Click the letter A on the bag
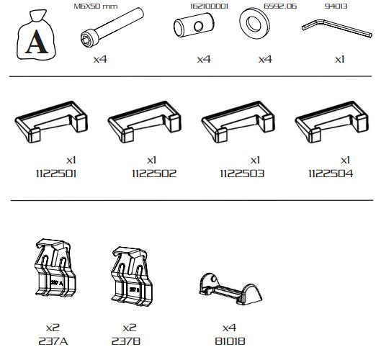coord(37,42)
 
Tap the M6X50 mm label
coord(96,6)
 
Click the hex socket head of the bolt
coord(87,39)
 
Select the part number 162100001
coord(209,6)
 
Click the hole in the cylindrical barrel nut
coord(199,26)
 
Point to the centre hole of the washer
coord(254,24)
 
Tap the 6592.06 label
coord(280,6)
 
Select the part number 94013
coord(336,6)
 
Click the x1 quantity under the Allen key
coord(339,59)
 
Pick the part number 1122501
coord(56,174)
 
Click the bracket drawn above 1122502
coord(145,122)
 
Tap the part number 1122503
coord(242,174)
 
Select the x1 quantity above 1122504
coord(345,160)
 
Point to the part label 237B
coord(126,341)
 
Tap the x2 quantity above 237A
coord(53,328)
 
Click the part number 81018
coord(230,341)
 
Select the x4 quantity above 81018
coord(229,328)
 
